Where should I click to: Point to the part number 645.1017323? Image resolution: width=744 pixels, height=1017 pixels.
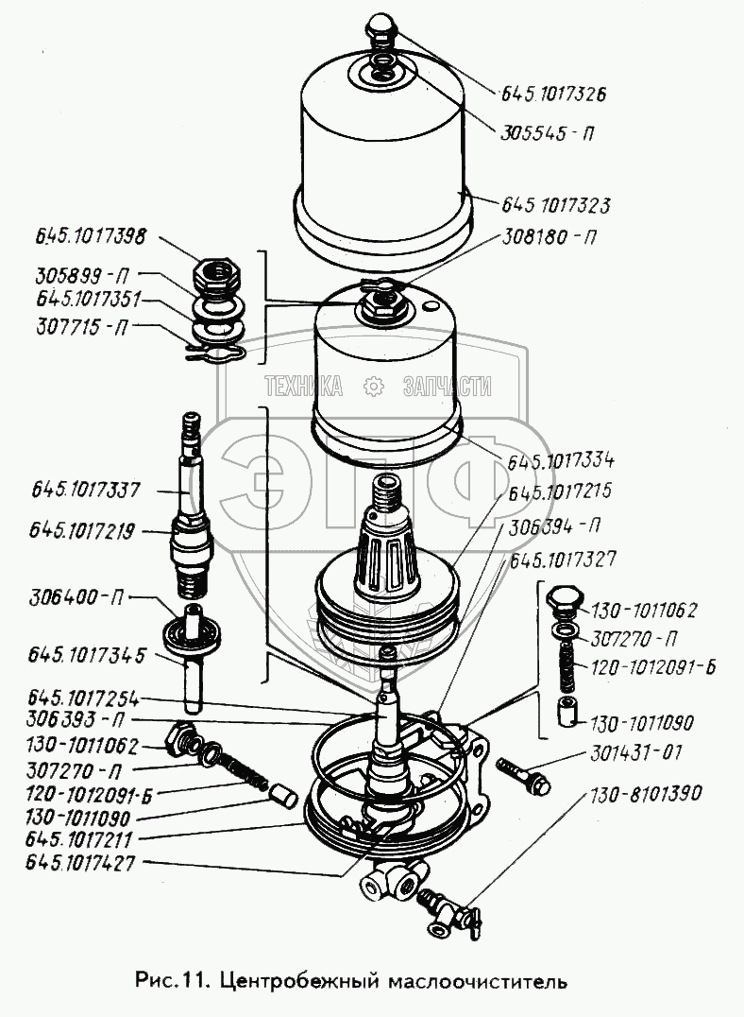point(556,204)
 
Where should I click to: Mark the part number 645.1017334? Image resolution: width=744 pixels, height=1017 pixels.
point(561,461)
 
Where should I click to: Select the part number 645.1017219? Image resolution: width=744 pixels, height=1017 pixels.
point(85,530)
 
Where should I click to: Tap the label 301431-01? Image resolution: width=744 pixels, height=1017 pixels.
point(641,753)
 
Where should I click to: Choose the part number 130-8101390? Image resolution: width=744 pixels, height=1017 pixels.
point(648,794)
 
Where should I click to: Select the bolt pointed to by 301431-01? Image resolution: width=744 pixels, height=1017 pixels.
point(516,772)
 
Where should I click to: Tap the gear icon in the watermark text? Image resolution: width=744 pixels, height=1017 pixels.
point(373,386)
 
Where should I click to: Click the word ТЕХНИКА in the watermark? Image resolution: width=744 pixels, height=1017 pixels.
point(303,386)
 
